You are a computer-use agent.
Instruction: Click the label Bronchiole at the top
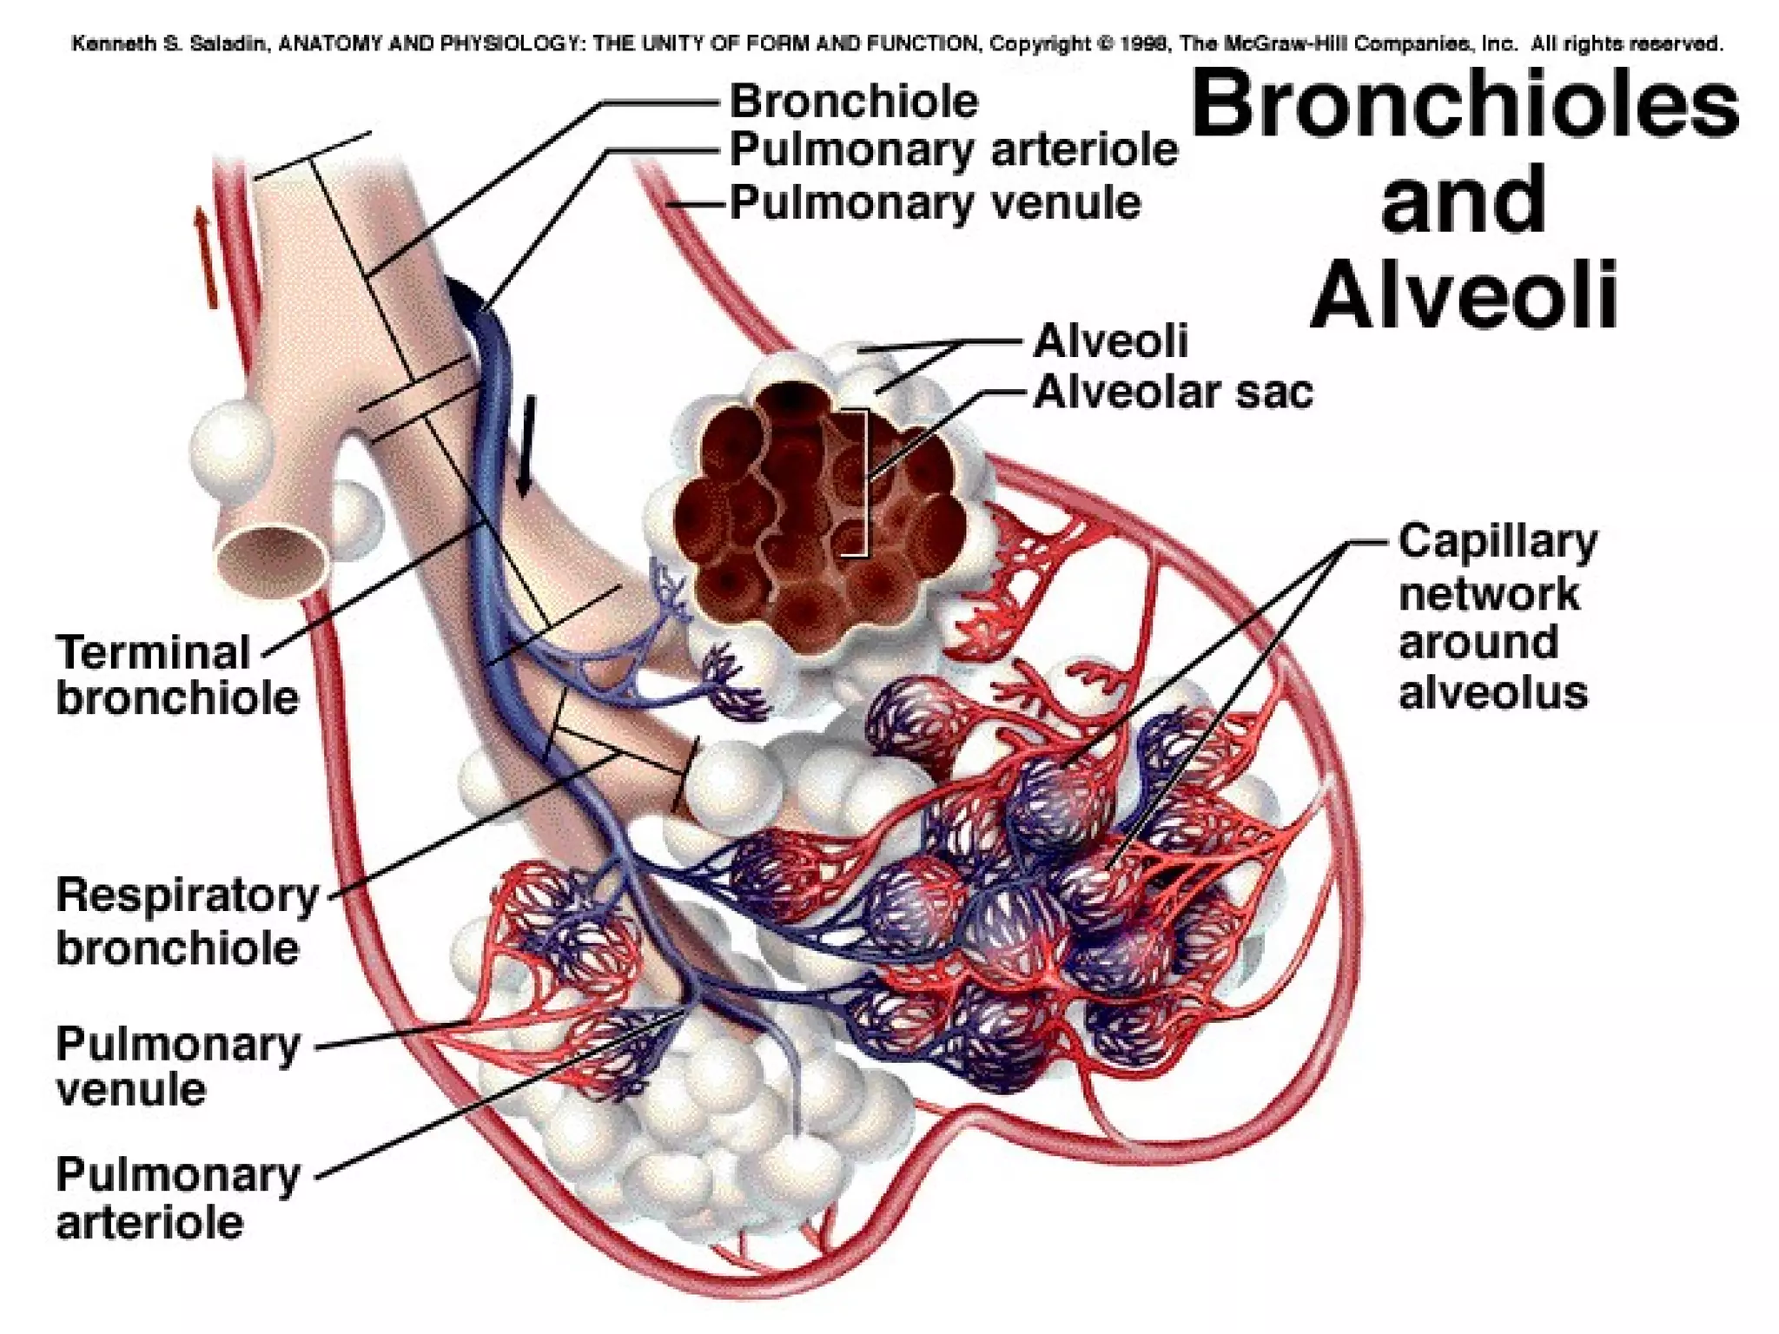click(x=853, y=102)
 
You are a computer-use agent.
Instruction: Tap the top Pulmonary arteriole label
click(x=953, y=150)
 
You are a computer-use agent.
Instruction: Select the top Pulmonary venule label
click(x=935, y=203)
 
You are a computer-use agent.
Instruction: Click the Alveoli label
click(x=1109, y=340)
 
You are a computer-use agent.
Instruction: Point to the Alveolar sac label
click(x=1173, y=393)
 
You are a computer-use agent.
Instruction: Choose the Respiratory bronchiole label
click(x=187, y=921)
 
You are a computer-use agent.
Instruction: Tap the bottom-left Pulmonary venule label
click(x=177, y=1067)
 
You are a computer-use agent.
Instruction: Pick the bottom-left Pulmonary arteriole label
click(x=177, y=1199)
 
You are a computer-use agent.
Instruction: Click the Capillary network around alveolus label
click(x=1497, y=617)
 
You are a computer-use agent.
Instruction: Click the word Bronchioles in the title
click(x=1465, y=108)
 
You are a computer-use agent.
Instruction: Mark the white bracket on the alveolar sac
click(x=860, y=483)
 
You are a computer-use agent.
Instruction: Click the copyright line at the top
click(x=895, y=43)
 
